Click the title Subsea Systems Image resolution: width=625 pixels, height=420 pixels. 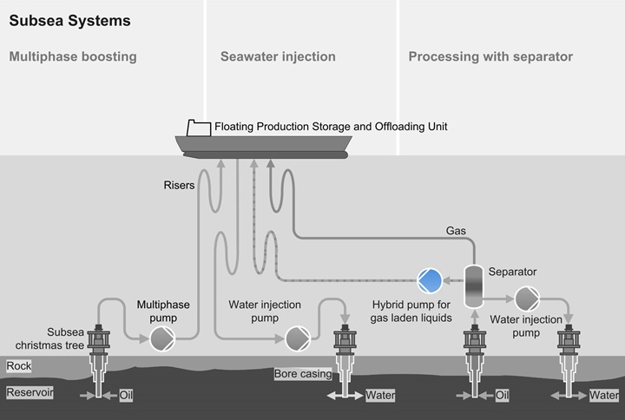pyautogui.click(x=69, y=20)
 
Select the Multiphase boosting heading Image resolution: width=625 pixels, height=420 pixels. pyautogui.click(x=73, y=57)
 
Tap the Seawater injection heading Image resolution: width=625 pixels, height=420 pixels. pyautogui.click(x=278, y=57)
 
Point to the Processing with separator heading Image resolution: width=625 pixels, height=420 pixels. pyautogui.click(x=490, y=57)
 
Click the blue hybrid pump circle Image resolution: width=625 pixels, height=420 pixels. pyautogui.click(x=430, y=279)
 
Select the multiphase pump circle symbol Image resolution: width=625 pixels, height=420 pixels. pyautogui.click(x=162, y=338)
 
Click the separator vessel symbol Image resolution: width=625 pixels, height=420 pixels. pyautogui.click(x=474, y=285)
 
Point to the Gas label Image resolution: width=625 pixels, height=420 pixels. pyautogui.click(x=456, y=231)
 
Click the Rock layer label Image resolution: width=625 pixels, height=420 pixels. pyautogui.click(x=19, y=366)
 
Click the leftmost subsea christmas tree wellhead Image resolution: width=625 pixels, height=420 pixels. pyautogui.click(x=101, y=347)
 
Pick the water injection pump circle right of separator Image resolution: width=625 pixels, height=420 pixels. pyautogui.click(x=527, y=299)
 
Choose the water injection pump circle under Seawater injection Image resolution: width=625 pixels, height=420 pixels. pyautogui.click(x=297, y=338)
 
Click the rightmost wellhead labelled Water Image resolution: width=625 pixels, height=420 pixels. pyautogui.click(x=570, y=347)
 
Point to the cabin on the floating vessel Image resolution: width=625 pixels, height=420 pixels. pyautogui.click(x=198, y=128)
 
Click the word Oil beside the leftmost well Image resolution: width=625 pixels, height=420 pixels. pyautogui.click(x=127, y=395)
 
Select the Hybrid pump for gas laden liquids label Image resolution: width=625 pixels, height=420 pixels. pyautogui.click(x=412, y=312)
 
